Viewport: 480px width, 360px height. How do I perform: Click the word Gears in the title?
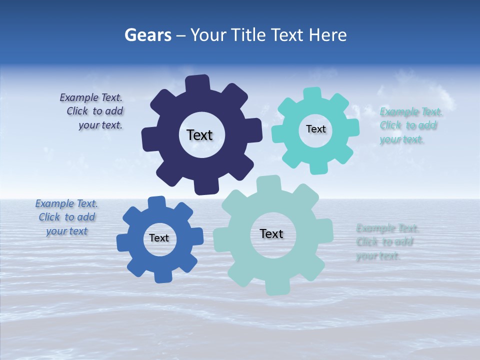147,35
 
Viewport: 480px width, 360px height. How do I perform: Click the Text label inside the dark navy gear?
199,135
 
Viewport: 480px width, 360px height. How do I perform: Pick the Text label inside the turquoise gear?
315,129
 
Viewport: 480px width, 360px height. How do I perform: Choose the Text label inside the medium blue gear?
159,238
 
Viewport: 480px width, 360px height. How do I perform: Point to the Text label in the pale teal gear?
271,233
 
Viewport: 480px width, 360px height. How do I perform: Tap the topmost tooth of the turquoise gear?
312,93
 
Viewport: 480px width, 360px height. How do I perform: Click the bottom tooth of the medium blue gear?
162,276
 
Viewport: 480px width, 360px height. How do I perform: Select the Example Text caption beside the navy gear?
92,111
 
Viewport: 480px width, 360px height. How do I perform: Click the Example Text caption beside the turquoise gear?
410,125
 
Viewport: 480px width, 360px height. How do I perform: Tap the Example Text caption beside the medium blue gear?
66,217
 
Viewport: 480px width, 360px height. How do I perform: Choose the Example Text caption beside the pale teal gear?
386,242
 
